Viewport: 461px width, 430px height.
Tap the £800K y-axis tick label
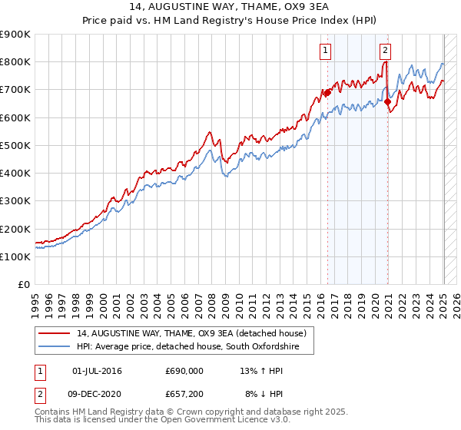point(15,62)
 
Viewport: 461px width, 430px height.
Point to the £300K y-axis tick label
point(15,201)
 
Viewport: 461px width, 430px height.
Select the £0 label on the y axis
point(22,285)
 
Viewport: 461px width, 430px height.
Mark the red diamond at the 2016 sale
point(327,93)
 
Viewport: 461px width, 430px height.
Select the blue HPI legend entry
point(184,347)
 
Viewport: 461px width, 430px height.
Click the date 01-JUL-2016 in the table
point(97,372)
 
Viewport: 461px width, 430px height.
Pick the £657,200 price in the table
point(184,394)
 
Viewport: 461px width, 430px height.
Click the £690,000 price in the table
point(184,372)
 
